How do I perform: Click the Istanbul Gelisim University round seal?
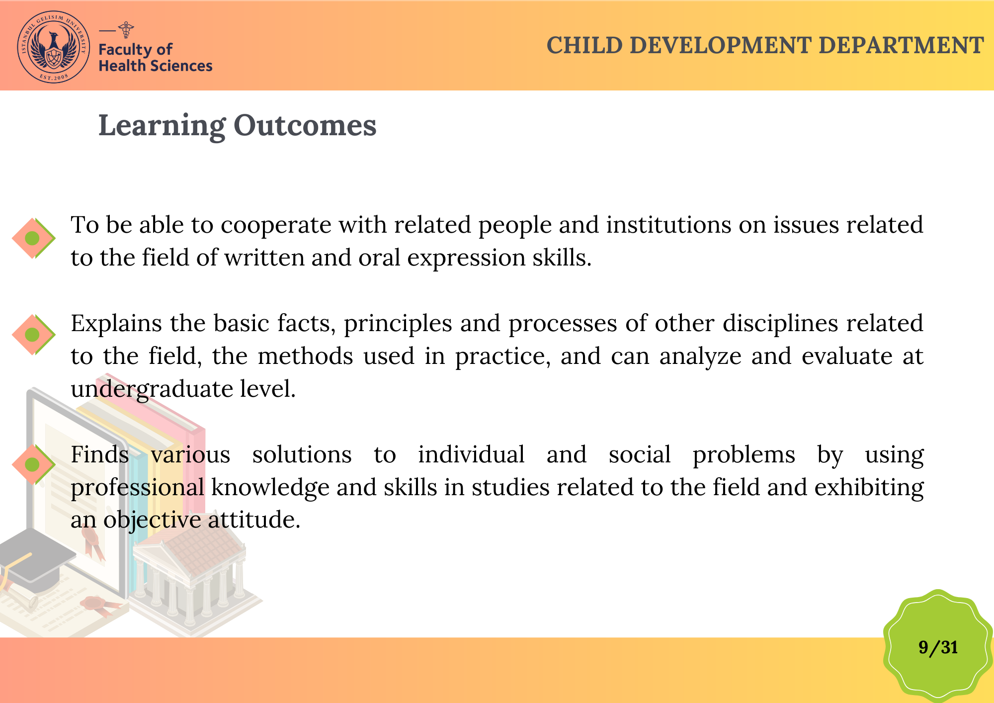pos(54,47)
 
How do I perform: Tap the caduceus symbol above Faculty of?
pos(127,30)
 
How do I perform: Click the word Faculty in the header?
pos(125,50)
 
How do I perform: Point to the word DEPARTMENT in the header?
pos(901,45)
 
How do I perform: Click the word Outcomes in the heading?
pos(305,125)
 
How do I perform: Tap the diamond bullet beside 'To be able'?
pos(33,238)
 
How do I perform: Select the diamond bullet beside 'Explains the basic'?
pos(33,335)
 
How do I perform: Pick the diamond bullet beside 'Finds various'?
pos(33,465)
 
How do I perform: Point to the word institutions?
pos(668,225)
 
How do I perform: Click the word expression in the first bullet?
pos(466,259)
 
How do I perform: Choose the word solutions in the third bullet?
pos(302,454)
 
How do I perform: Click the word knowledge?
pos(270,487)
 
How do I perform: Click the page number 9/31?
pos(938,647)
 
